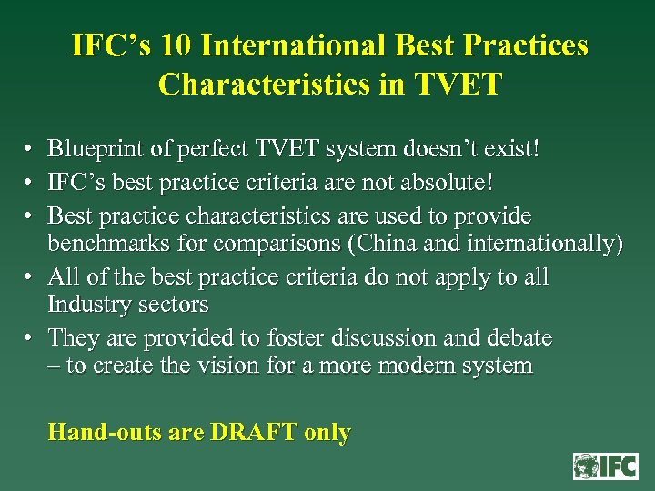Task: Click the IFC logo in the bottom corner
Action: (605, 466)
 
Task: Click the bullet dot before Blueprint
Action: (29, 148)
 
